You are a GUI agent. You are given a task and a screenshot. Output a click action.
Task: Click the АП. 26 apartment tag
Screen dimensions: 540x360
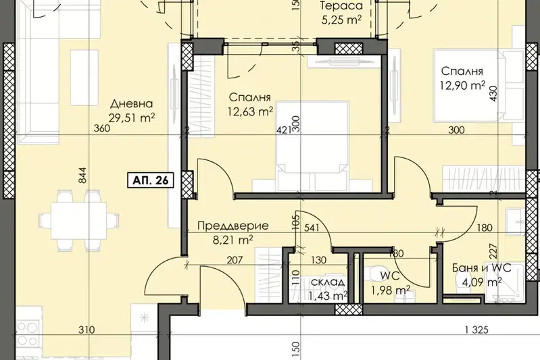pos(151,180)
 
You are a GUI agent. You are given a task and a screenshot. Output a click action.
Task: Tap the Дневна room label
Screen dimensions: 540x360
pos(131,103)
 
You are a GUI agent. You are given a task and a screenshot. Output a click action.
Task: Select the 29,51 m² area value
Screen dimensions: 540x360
pos(132,118)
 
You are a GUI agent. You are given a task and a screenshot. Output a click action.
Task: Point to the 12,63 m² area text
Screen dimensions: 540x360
pos(250,111)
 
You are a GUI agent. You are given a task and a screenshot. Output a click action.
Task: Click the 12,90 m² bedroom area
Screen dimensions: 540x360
pos(462,84)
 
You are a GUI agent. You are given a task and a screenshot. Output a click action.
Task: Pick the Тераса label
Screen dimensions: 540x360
pos(341,6)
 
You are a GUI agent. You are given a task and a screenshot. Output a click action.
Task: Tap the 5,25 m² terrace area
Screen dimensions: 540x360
pos(341,20)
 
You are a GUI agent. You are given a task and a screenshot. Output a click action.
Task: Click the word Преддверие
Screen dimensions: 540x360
pos(232,226)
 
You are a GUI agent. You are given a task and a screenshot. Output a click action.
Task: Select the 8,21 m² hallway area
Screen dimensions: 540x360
pos(233,240)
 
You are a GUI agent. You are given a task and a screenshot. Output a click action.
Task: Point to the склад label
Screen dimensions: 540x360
pos(328,282)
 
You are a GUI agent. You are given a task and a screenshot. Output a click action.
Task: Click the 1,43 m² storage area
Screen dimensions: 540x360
pos(328,295)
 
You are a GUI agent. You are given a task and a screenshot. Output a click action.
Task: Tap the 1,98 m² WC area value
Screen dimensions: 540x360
pos(391,290)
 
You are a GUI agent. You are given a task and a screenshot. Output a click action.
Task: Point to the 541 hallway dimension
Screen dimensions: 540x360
pos(312,228)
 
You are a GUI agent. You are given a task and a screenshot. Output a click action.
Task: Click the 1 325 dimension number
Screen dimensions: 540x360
pos(476,330)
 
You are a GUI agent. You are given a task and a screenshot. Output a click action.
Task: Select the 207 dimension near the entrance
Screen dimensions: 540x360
pos(235,260)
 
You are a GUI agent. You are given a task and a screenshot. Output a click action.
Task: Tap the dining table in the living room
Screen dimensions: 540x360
pos(79,219)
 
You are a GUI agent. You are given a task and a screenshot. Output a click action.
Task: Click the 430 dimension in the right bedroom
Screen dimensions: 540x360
pos(493,93)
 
